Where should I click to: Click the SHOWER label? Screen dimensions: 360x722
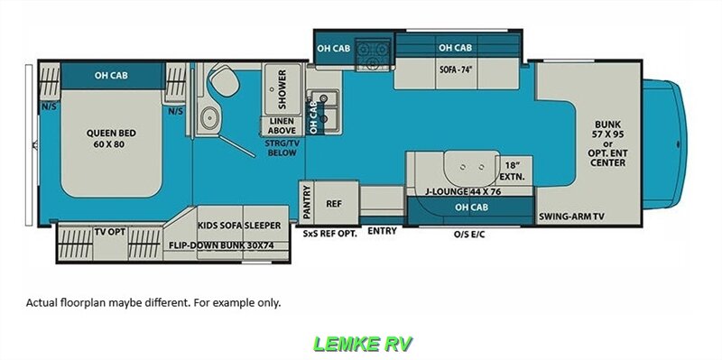click(x=282, y=88)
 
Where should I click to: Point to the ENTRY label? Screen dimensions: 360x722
click(x=383, y=231)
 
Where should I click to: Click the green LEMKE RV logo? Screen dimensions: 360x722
click(x=361, y=343)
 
